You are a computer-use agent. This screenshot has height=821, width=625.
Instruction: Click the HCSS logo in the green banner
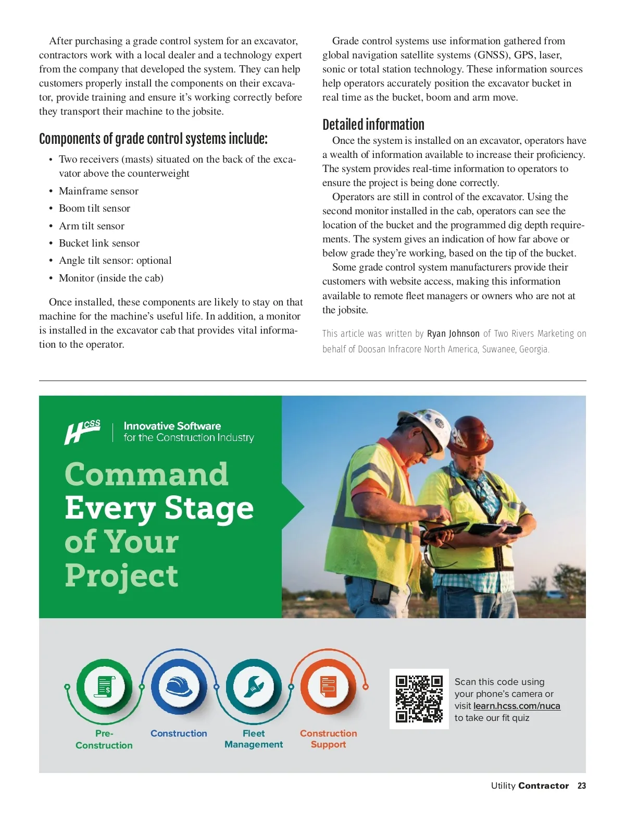pos(82,432)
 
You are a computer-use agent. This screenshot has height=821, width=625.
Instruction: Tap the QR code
pos(419,699)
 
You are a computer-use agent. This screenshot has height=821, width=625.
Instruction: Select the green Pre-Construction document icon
pos(104,687)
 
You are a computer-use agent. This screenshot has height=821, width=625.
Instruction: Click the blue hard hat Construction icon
pos(179,687)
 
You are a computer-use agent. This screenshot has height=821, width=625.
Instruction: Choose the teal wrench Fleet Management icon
pos(254,687)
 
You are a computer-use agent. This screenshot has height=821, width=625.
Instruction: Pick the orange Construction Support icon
pos(328,687)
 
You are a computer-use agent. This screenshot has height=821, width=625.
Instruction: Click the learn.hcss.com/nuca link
pos(517,706)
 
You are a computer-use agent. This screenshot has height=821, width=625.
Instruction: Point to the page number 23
pos(582,786)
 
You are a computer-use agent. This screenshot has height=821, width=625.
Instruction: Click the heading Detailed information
pos(373,125)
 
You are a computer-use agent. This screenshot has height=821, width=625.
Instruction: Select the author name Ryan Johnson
pos(453,334)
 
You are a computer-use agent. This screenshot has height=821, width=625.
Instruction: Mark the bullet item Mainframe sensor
pos(98,191)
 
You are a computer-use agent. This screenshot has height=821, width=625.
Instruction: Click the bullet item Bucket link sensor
pos(99,243)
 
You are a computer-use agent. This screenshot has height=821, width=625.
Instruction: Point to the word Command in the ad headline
pos(146,474)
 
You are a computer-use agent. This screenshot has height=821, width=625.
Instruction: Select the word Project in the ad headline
pos(121,575)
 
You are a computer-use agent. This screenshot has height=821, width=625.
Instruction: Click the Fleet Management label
pos(254,739)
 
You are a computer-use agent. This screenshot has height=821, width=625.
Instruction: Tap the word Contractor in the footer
pos(544,786)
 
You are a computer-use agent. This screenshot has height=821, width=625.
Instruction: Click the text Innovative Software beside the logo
pos(172,426)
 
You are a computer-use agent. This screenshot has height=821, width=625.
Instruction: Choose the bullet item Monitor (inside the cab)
pos(111,278)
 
